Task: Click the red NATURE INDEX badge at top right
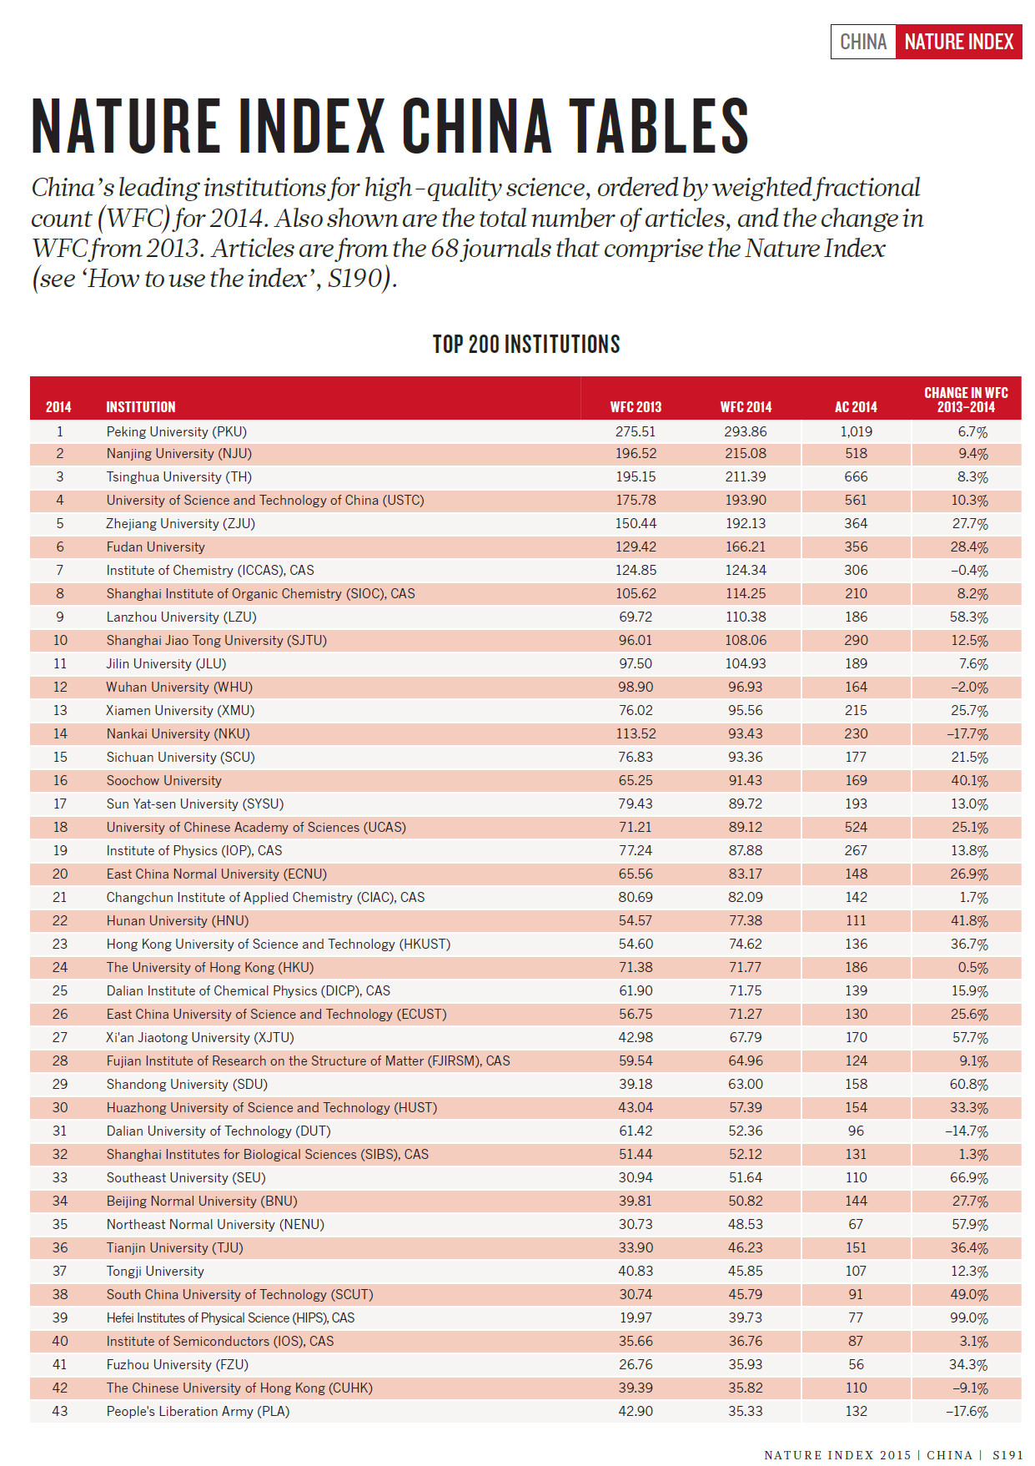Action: pyautogui.click(x=958, y=42)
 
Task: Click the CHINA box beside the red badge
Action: pyautogui.click(x=863, y=42)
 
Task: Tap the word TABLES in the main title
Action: pyautogui.click(x=659, y=127)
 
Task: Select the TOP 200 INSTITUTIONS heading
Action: pyautogui.click(x=526, y=345)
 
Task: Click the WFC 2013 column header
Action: pyautogui.click(x=636, y=407)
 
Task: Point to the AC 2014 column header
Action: pyautogui.click(x=856, y=407)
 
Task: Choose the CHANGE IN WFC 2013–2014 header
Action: pyautogui.click(x=966, y=400)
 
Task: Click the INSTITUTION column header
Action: pyautogui.click(x=141, y=407)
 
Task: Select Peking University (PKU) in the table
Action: pyautogui.click(x=177, y=431)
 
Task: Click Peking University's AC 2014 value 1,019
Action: pyautogui.click(x=856, y=431)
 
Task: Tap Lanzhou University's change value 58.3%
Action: pyautogui.click(x=968, y=617)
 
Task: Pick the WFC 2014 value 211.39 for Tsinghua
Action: pyautogui.click(x=746, y=477)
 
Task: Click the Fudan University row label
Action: pyautogui.click(x=156, y=547)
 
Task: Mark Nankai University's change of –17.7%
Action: pyautogui.click(x=967, y=734)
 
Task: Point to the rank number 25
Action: pyautogui.click(x=60, y=991)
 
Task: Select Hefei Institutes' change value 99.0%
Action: pyautogui.click(x=968, y=1318)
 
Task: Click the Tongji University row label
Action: pyautogui.click(x=155, y=1272)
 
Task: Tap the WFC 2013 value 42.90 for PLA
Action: pyautogui.click(x=636, y=1412)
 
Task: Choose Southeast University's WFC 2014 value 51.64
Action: pyautogui.click(x=746, y=1178)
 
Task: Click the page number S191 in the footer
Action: pyautogui.click(x=1007, y=1455)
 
